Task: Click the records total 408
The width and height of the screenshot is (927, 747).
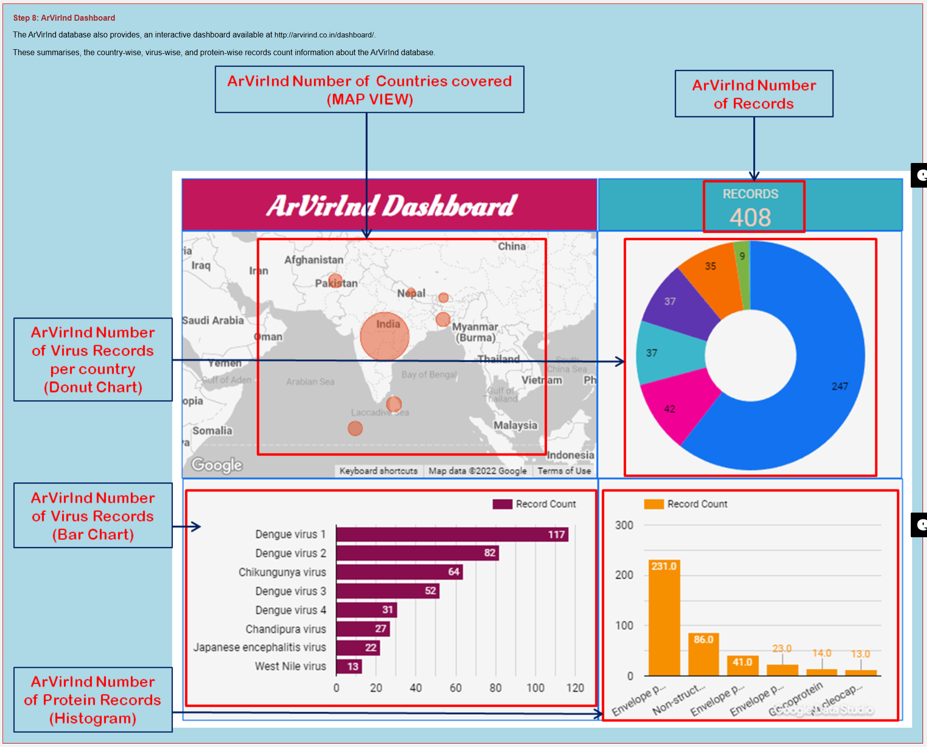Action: (750, 217)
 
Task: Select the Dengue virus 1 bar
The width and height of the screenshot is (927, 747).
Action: (452, 534)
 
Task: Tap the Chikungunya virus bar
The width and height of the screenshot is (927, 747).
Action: (399, 572)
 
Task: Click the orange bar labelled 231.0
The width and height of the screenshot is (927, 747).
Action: (664, 617)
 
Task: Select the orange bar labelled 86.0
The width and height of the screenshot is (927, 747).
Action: (703, 654)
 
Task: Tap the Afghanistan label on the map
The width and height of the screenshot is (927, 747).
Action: (314, 260)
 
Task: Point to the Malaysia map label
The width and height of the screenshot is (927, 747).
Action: (515, 425)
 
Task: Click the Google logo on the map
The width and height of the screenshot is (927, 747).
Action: (217, 465)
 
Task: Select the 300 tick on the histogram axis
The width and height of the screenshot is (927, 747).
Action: (624, 525)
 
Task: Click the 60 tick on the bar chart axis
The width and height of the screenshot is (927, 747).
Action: (455, 688)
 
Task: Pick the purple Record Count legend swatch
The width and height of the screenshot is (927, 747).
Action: (502, 504)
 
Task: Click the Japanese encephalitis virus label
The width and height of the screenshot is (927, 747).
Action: (259, 647)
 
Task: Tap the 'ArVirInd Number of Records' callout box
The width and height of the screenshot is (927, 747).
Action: (754, 94)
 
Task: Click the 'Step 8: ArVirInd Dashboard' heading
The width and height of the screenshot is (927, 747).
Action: (64, 18)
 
